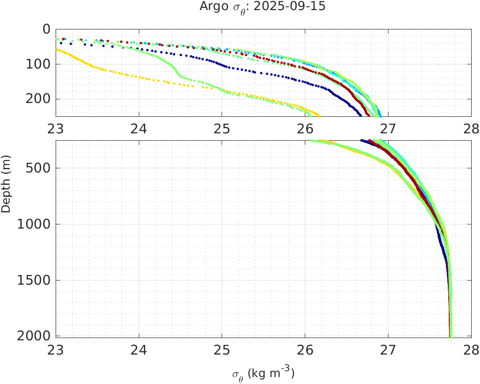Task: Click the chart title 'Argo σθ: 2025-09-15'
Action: (x=263, y=7)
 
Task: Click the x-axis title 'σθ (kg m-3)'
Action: (x=263, y=373)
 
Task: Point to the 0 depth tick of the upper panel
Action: (x=46, y=29)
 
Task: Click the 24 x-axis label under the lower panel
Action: (x=139, y=350)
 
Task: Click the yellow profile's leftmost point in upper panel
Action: (x=57, y=49)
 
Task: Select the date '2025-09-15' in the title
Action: (x=291, y=7)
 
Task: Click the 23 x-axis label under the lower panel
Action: (x=56, y=350)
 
